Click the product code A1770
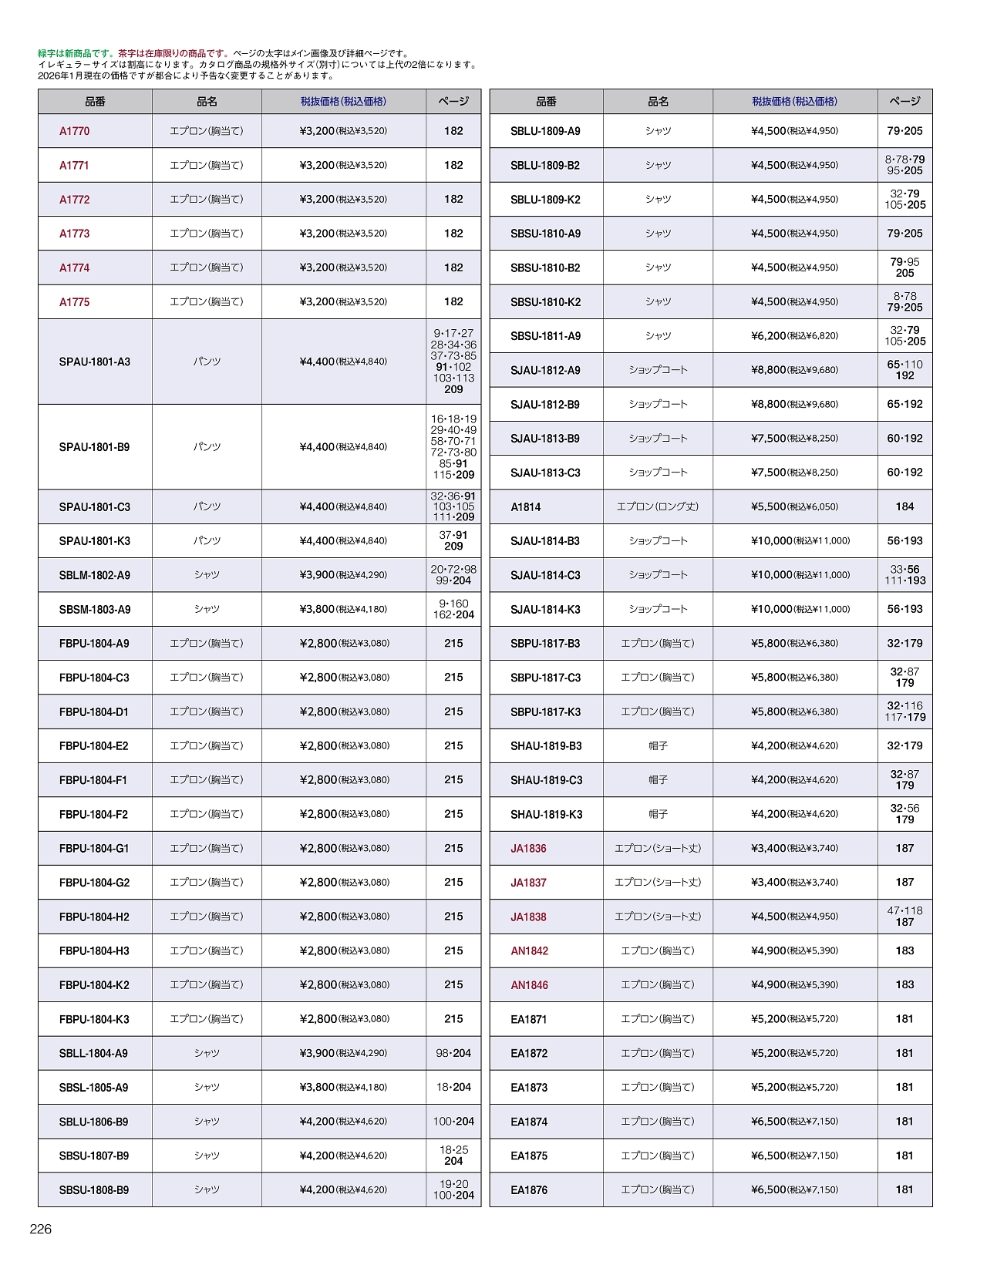75,131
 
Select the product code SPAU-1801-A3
95,362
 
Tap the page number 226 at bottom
41,1230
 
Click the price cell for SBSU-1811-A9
794,336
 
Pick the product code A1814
526,507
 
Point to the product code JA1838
528,917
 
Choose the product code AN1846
530,985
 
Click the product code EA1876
529,1190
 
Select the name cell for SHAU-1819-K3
658,814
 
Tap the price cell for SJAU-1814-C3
800,575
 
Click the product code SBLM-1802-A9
95,575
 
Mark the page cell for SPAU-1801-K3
453,541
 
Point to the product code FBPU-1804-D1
94,712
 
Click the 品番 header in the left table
95,102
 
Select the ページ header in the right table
904,102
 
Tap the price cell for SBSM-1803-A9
343,610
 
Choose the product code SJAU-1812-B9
545,405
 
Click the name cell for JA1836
658,849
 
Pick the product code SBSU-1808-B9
94,1190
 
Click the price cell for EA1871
794,1019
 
